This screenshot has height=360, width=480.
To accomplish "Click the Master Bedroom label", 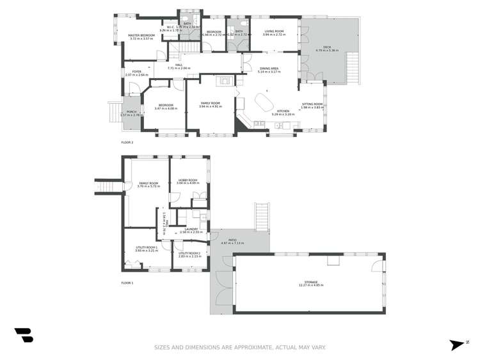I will (x=141, y=36).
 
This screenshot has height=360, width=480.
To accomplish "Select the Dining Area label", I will (x=269, y=69).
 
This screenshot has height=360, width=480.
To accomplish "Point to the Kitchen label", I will (x=283, y=111).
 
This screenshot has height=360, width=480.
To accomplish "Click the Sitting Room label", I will (x=312, y=104).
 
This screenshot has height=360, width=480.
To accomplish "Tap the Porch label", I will (x=131, y=112).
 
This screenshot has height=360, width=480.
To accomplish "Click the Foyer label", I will (x=136, y=72).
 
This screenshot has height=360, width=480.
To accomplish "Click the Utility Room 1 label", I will (x=147, y=248).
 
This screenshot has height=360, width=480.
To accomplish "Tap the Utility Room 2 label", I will (x=189, y=254).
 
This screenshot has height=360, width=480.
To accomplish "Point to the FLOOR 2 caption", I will (x=127, y=142).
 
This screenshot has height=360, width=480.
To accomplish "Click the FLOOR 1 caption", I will (x=127, y=282).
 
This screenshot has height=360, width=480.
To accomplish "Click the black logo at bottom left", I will (x=24, y=335).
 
